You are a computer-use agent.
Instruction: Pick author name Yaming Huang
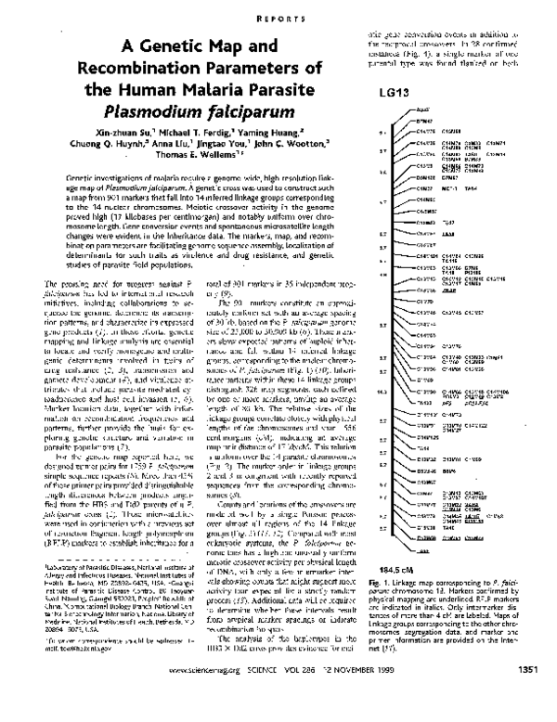pyautogui.click(x=289, y=136)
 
